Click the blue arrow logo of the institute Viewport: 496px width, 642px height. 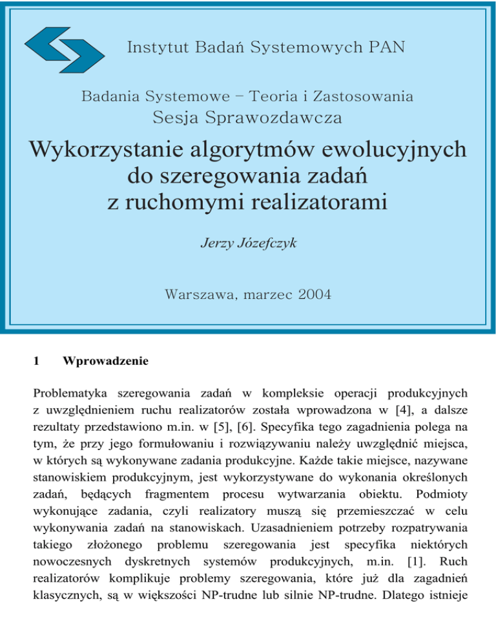tap(67, 47)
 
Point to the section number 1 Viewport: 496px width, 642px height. tap(37, 363)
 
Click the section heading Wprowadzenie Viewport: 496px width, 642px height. tap(105, 363)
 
